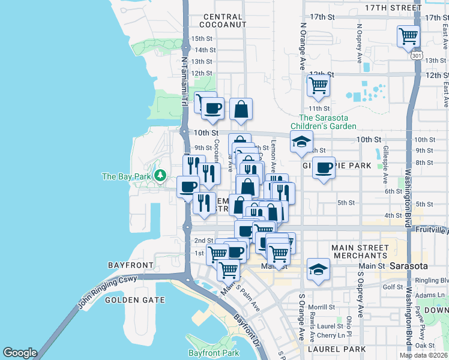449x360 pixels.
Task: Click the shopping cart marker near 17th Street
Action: [x=408, y=36]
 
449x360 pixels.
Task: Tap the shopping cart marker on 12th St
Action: [x=318, y=85]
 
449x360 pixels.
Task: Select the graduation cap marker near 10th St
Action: [x=301, y=142]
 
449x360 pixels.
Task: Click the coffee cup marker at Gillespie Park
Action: [x=324, y=167]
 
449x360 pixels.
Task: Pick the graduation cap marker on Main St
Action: [x=319, y=269]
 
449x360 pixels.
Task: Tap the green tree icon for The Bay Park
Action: [x=160, y=176]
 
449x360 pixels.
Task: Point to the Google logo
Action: [x=20, y=353]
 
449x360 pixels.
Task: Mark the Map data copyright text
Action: [x=424, y=355]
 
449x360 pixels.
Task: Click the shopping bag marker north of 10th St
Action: [x=240, y=109]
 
